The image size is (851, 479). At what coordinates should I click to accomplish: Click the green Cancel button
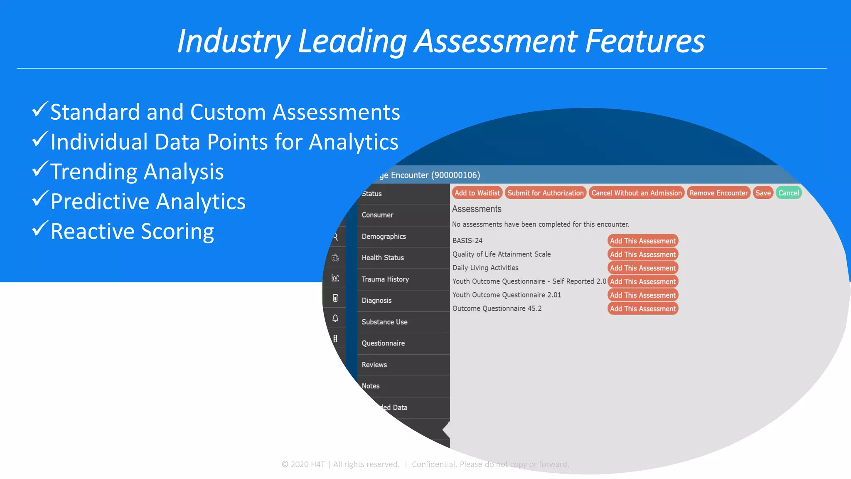(x=788, y=193)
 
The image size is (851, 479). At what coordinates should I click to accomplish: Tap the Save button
(x=763, y=193)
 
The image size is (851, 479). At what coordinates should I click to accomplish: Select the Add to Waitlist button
(x=477, y=193)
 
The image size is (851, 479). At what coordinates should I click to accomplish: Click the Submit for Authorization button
(x=546, y=193)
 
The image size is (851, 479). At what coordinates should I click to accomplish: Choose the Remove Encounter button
(x=718, y=193)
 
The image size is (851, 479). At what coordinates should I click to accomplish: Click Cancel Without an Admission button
(x=636, y=193)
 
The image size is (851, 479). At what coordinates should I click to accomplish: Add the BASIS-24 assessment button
(x=642, y=241)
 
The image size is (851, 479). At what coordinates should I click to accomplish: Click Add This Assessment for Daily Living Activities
(x=642, y=268)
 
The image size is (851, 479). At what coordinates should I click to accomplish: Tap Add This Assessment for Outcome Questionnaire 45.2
(x=642, y=309)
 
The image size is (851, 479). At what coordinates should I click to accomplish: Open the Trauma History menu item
(x=385, y=279)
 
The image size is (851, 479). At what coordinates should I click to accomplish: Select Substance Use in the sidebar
(x=384, y=322)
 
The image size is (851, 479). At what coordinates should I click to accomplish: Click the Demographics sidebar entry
(x=384, y=237)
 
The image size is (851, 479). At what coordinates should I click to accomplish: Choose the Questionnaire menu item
(x=383, y=343)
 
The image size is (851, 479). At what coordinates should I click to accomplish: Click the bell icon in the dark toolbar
(x=335, y=319)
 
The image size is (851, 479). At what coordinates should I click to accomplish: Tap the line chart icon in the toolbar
(x=335, y=278)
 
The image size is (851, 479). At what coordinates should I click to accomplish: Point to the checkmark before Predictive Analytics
(x=40, y=199)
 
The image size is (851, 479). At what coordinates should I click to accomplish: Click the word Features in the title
(x=645, y=41)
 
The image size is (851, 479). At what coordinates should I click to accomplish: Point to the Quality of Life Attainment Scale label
(x=501, y=254)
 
